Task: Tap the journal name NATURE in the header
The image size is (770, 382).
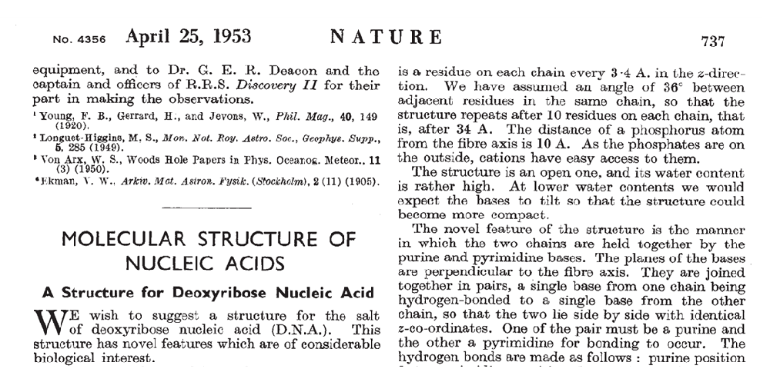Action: (386, 37)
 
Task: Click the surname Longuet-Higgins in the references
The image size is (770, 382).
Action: (84, 135)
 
